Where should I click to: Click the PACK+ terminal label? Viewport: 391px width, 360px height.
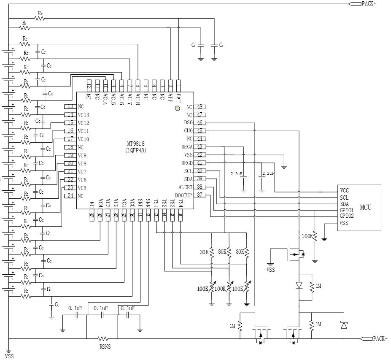tap(369, 4)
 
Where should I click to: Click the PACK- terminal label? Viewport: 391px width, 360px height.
tap(380, 338)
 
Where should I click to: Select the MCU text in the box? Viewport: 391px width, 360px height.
tap(365, 207)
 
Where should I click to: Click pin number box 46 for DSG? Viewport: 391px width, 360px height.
tap(200, 122)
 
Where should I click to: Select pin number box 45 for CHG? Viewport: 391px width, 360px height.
tap(200, 130)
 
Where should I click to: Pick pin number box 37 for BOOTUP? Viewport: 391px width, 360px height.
tap(200, 195)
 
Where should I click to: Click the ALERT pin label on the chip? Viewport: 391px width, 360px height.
tap(185, 187)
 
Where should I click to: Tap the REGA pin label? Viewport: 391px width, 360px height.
tap(187, 147)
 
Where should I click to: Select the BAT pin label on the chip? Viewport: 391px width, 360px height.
tap(178, 99)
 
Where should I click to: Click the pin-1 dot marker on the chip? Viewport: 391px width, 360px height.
tap(178, 108)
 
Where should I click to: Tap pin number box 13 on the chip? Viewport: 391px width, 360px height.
tap(70, 106)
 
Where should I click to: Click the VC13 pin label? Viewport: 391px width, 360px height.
tap(84, 115)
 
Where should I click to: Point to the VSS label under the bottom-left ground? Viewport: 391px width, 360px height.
tap(9, 356)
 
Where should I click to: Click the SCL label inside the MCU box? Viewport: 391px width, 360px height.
tap(344, 197)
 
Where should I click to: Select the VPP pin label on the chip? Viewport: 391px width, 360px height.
tap(170, 98)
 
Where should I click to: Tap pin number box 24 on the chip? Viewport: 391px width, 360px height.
tap(70, 195)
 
